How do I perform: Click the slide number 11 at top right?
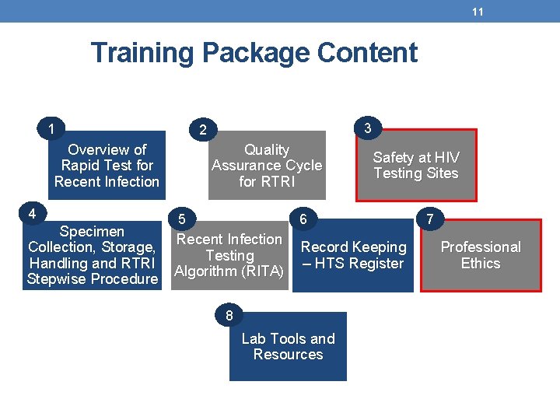click(x=478, y=12)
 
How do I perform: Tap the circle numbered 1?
click(x=51, y=128)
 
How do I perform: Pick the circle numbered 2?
click(x=203, y=129)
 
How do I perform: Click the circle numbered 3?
click(x=368, y=127)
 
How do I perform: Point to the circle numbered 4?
click(x=32, y=213)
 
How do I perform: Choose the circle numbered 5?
click(x=181, y=219)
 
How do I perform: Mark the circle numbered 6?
click(x=303, y=220)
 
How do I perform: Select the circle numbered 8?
click(x=229, y=316)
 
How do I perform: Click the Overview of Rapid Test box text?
click(x=107, y=166)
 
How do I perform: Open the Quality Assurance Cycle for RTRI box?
click(x=267, y=166)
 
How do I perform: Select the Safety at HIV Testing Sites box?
click(x=416, y=166)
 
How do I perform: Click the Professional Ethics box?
click(x=481, y=255)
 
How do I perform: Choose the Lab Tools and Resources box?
click(x=288, y=346)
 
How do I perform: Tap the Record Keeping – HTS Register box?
click(x=353, y=255)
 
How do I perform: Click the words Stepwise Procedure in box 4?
click(x=92, y=279)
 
